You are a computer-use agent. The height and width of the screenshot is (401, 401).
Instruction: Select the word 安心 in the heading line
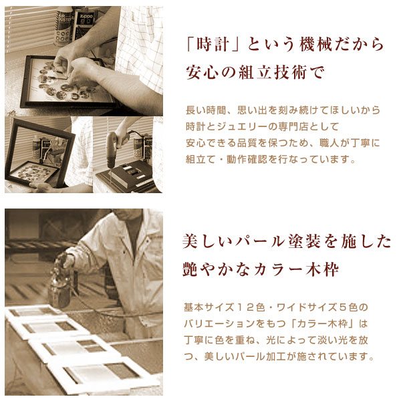click(201, 72)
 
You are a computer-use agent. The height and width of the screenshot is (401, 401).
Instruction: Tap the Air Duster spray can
click(63, 27)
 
